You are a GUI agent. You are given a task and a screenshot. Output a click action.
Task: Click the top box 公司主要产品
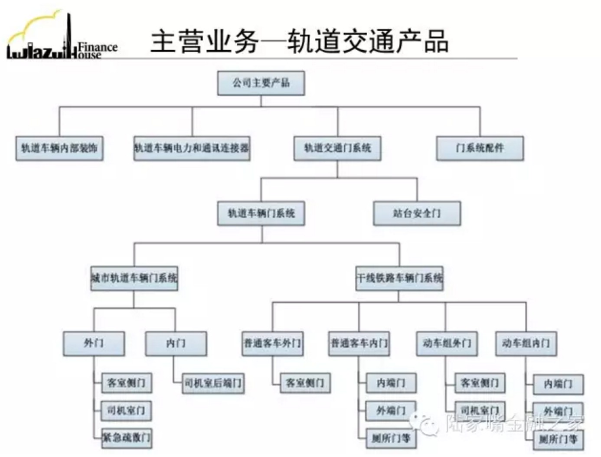click(261, 83)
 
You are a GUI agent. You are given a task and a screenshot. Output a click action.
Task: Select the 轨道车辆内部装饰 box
click(59, 148)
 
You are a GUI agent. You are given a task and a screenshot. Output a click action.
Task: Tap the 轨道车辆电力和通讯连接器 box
click(192, 148)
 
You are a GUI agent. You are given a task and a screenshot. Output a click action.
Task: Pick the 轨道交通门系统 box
click(337, 148)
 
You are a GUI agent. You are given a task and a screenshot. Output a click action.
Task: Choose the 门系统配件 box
click(480, 148)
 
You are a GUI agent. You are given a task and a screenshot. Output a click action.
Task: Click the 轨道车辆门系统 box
click(261, 213)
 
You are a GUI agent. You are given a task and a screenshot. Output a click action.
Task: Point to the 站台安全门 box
click(417, 213)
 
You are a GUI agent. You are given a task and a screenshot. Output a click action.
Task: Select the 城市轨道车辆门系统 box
click(134, 278)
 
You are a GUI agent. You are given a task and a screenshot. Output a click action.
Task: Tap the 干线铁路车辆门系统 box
click(399, 278)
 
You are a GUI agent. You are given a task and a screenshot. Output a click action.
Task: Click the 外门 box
click(94, 343)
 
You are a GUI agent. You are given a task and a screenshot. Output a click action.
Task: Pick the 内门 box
click(176, 343)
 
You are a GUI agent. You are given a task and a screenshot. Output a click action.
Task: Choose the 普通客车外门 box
click(272, 343)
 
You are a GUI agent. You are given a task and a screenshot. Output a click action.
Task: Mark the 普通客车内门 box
click(359, 343)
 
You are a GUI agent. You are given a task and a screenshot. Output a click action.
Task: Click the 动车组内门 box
click(526, 343)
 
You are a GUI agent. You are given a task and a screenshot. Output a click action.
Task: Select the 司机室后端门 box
click(213, 383)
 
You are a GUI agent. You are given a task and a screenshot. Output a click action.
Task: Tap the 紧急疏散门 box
click(126, 437)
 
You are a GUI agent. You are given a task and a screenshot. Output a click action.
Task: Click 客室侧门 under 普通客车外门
click(305, 383)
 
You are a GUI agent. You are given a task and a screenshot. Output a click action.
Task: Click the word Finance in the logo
click(98, 47)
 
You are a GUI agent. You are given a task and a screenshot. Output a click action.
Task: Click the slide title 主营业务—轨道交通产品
click(299, 42)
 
